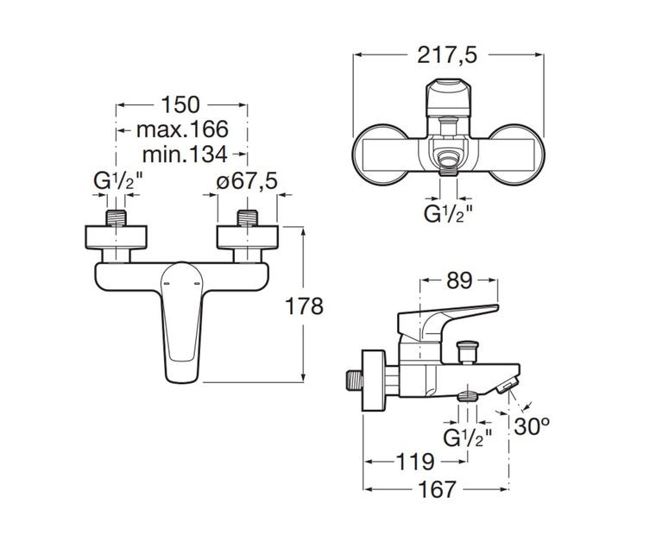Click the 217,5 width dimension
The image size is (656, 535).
pyautogui.click(x=447, y=55)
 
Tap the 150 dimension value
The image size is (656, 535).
pyautogui.click(x=180, y=104)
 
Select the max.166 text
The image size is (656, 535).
pyautogui.click(x=182, y=129)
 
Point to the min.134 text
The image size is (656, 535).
pyautogui.click(x=185, y=154)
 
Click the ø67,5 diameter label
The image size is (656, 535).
pyautogui.click(x=247, y=181)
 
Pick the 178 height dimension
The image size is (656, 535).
pyautogui.click(x=304, y=305)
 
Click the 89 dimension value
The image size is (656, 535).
pyautogui.click(x=459, y=280)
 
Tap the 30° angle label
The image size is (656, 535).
pyautogui.click(x=532, y=426)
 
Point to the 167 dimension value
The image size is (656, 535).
pyautogui.click(x=437, y=489)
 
